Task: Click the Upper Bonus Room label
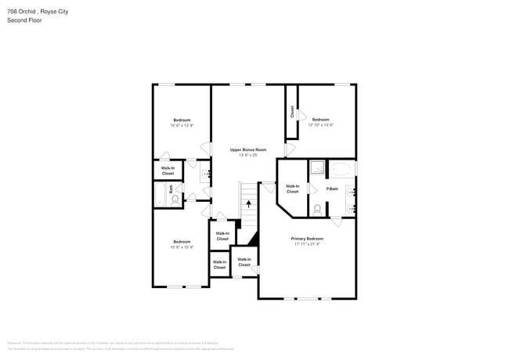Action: [x=247, y=149]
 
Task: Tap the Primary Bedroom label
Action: [x=307, y=238]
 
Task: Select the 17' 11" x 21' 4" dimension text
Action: [x=307, y=244]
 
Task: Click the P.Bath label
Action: [x=332, y=189]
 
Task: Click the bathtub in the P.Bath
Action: [x=341, y=169]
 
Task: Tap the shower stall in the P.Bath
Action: [x=317, y=168]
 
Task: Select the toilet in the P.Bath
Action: [x=316, y=209]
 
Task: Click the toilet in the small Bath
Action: [x=175, y=200]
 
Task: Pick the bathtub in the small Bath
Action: [x=160, y=194]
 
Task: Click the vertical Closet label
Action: [x=292, y=112]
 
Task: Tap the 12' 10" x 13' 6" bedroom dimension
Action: [x=320, y=124]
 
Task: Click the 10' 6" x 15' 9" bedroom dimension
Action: [x=181, y=247]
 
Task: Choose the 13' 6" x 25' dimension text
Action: [x=247, y=155]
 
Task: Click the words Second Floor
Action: [x=24, y=20]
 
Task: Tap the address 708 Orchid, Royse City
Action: [x=39, y=11]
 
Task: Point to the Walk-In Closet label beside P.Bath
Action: [x=292, y=189]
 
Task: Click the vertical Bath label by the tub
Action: [x=170, y=189]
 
